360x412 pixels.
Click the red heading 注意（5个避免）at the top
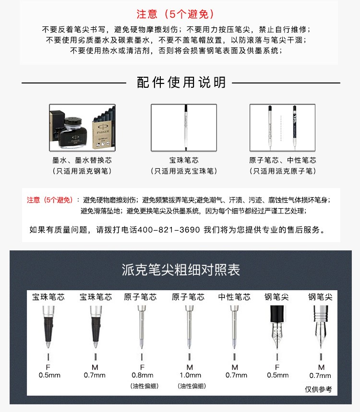pyautogui.click(x=175, y=14)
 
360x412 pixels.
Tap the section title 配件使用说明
pyautogui.click(x=181, y=82)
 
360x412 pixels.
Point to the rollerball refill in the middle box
pyautogui.click(x=186, y=128)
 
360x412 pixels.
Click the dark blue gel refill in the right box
pyautogui.click(x=295, y=128)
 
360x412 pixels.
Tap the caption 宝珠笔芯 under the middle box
pyautogui.click(x=184, y=160)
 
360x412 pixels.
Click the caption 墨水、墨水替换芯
pyautogui.click(x=82, y=160)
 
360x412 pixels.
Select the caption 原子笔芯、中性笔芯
pyautogui.click(x=283, y=160)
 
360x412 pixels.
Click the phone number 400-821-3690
pyautogui.click(x=168, y=230)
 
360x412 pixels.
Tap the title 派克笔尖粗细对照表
pyautogui.click(x=180, y=270)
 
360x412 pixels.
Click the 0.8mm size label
pyautogui.click(x=142, y=375)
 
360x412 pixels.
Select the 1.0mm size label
pyautogui.click(x=190, y=375)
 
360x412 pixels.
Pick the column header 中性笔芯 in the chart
pyautogui.click(x=234, y=297)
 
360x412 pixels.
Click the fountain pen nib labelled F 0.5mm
pyautogui.click(x=277, y=327)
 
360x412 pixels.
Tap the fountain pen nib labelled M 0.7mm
pyautogui.click(x=321, y=327)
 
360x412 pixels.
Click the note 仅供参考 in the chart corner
pyautogui.click(x=318, y=389)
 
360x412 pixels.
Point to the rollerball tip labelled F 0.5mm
pyautogui.click(x=48, y=327)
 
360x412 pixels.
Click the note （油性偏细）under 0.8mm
pyautogui.click(x=144, y=386)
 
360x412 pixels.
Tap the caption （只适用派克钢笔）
pyautogui.click(x=82, y=171)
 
